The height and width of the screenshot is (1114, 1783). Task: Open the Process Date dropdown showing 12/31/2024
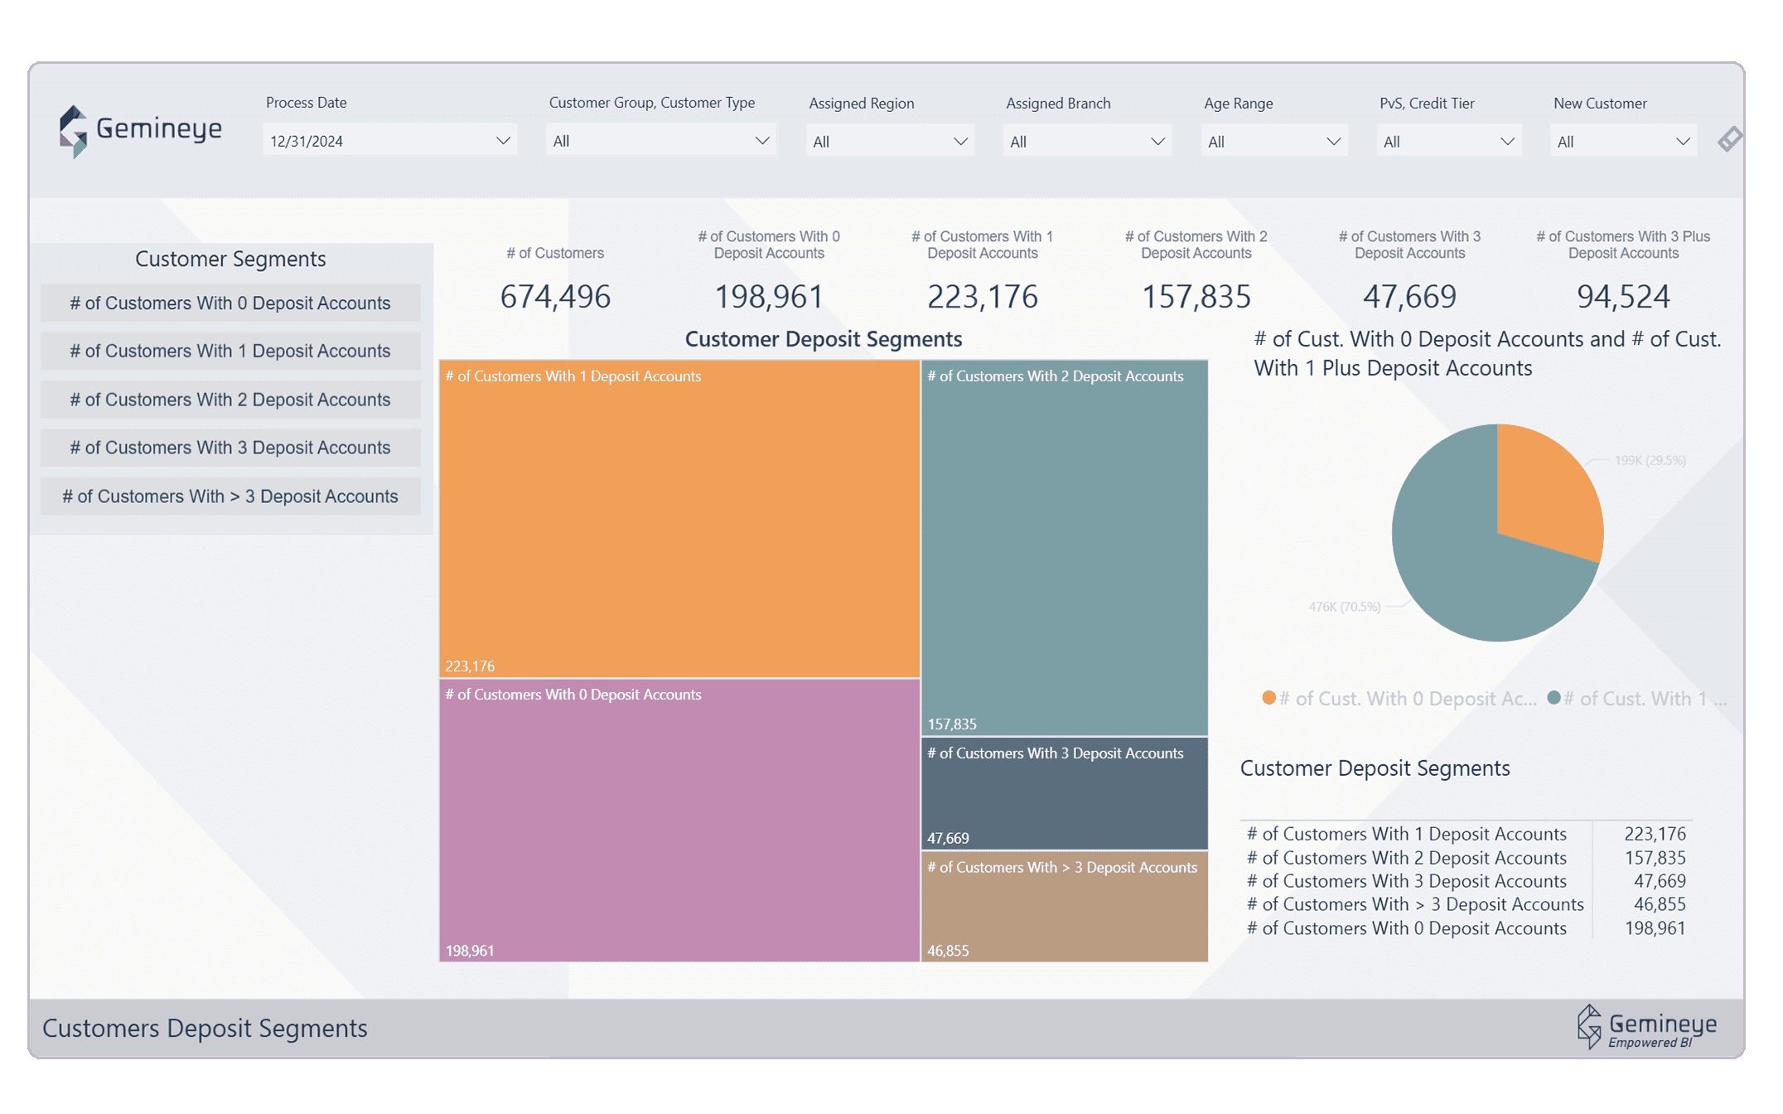click(x=389, y=140)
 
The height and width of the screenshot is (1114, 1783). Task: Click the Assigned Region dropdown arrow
click(x=959, y=142)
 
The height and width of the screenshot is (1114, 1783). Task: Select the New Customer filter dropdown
click(x=1622, y=142)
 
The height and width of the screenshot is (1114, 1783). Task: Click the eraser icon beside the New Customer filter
click(x=1729, y=138)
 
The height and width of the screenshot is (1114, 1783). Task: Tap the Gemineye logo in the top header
click(x=141, y=130)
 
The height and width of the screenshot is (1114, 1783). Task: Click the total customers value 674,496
click(x=555, y=296)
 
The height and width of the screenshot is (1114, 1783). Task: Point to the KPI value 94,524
click(x=1622, y=296)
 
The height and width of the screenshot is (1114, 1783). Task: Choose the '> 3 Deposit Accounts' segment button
click(x=230, y=496)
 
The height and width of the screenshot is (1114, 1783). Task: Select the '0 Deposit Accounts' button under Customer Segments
click(x=230, y=303)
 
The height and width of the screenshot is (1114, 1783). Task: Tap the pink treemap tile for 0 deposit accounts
click(x=679, y=821)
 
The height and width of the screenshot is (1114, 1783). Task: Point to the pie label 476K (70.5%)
click(x=1344, y=607)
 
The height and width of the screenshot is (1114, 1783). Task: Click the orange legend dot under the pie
click(x=1268, y=698)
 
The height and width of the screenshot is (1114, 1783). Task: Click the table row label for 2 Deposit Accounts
click(x=1406, y=858)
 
